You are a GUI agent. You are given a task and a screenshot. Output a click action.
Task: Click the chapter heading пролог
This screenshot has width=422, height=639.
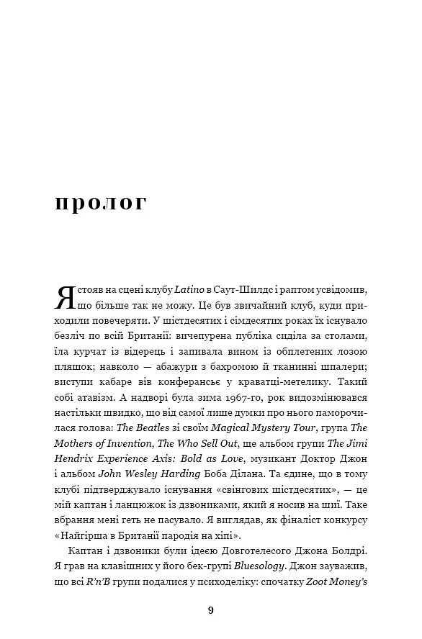click(100, 201)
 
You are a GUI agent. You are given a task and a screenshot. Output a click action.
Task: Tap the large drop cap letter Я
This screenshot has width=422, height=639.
click(66, 296)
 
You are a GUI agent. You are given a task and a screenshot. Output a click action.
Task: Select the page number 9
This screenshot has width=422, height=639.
click(210, 611)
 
